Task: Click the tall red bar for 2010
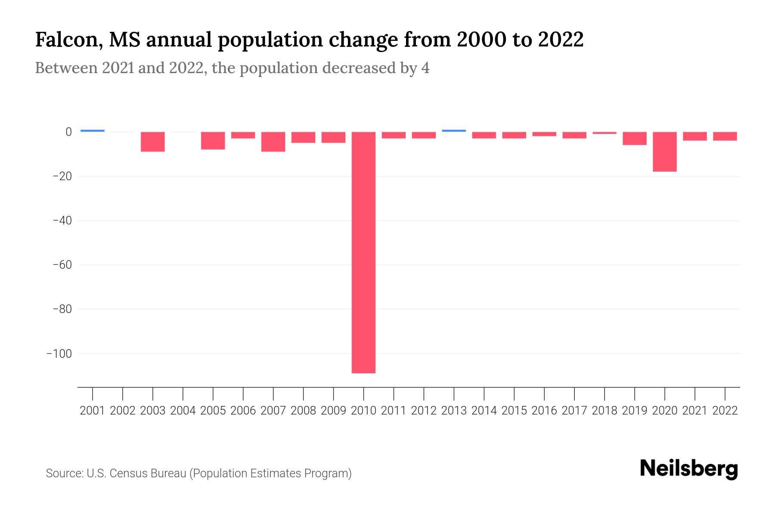click(x=363, y=252)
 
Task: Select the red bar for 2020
click(x=664, y=152)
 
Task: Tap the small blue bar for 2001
click(x=93, y=131)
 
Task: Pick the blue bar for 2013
click(x=454, y=131)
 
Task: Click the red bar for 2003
click(x=153, y=142)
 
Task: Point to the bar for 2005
click(x=213, y=141)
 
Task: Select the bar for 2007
click(x=273, y=142)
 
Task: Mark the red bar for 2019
click(x=634, y=138)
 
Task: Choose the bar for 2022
click(x=725, y=136)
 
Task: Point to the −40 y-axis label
click(x=62, y=221)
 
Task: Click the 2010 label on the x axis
click(x=363, y=411)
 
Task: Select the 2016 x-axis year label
click(x=544, y=411)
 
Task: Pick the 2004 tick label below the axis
click(x=183, y=411)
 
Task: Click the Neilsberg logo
click(x=689, y=469)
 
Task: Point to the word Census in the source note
click(x=128, y=473)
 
